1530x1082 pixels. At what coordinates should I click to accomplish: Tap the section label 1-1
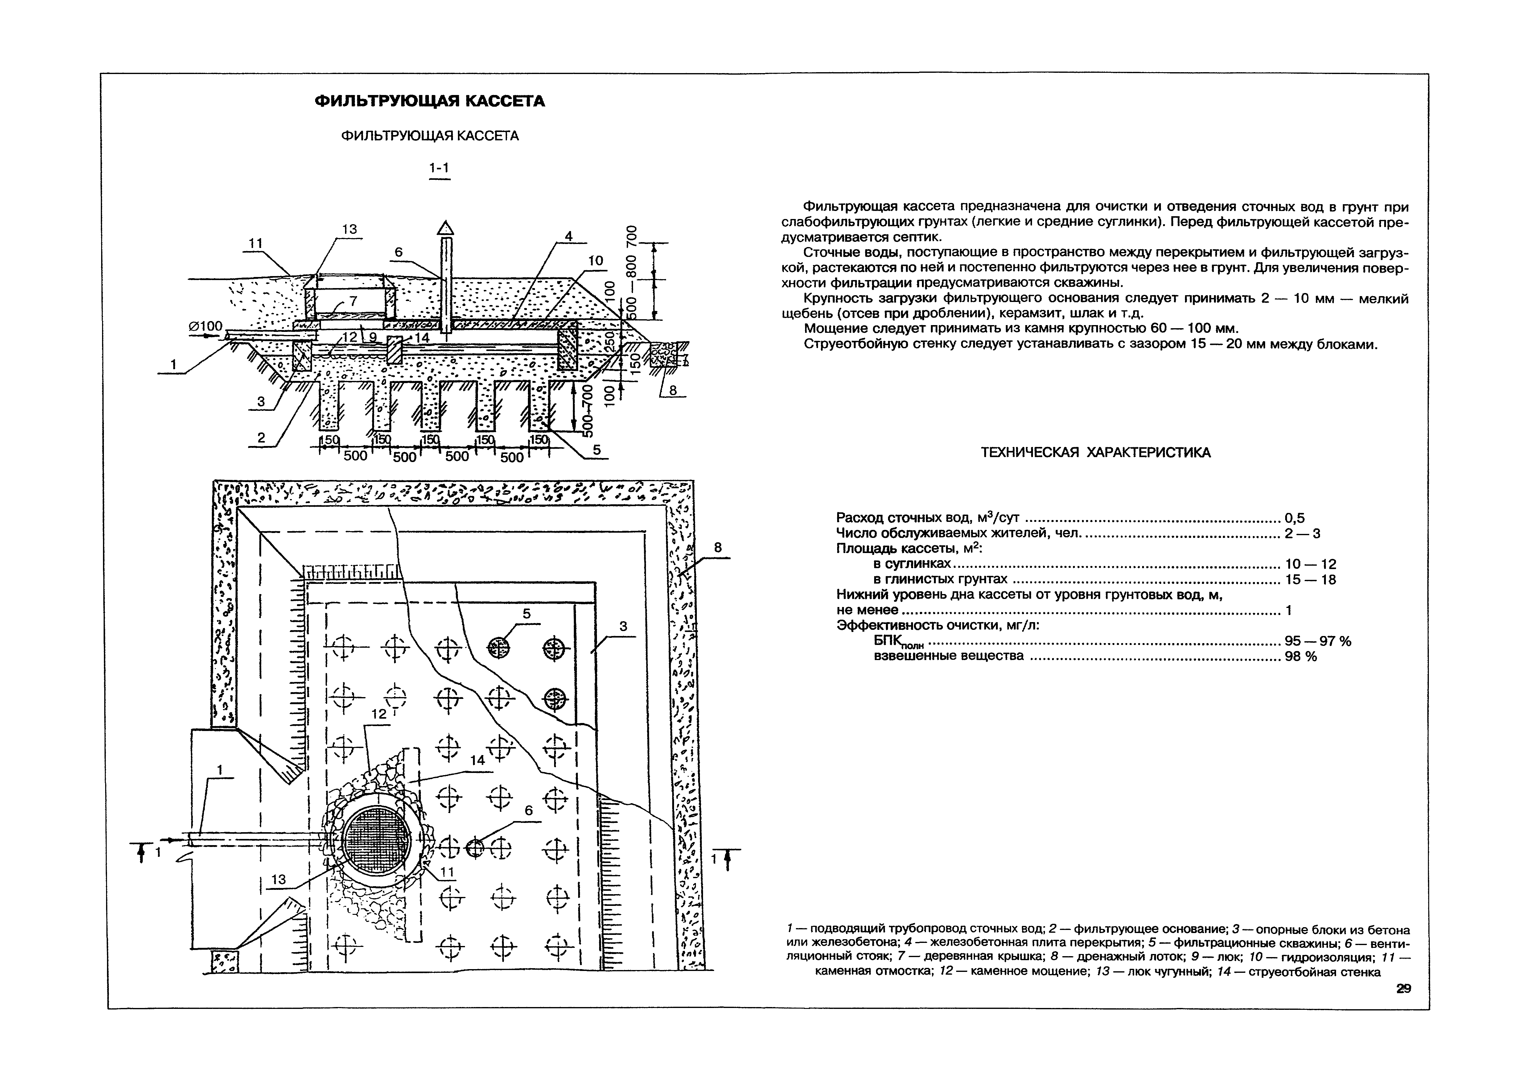439,169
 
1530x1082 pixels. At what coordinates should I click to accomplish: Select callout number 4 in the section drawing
568,236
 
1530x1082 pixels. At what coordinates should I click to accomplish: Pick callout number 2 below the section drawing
261,437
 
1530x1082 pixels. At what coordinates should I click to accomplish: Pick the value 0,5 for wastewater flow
1295,518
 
